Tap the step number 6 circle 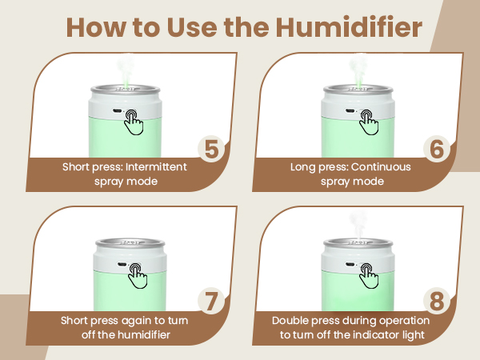point(436,149)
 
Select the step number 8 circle point(436,302)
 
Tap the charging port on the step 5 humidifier point(117,112)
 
